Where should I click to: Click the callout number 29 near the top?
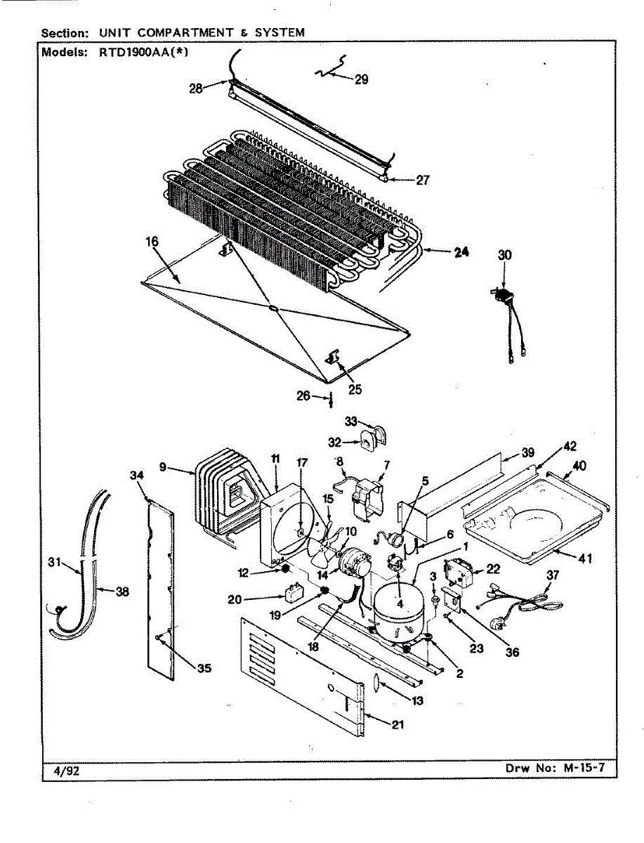(361, 79)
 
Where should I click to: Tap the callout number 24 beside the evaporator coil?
(461, 252)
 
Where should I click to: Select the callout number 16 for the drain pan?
(152, 242)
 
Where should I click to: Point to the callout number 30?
(505, 254)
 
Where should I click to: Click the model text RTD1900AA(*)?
(143, 51)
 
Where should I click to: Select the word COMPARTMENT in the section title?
(185, 32)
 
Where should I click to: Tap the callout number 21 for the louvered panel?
(397, 724)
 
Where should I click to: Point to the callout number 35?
(204, 668)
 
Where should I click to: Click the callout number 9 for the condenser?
(163, 467)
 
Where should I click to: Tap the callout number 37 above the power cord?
(553, 575)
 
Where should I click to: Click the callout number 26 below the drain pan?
(303, 396)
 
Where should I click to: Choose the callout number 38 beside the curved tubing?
(122, 592)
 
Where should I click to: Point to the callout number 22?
(493, 569)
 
